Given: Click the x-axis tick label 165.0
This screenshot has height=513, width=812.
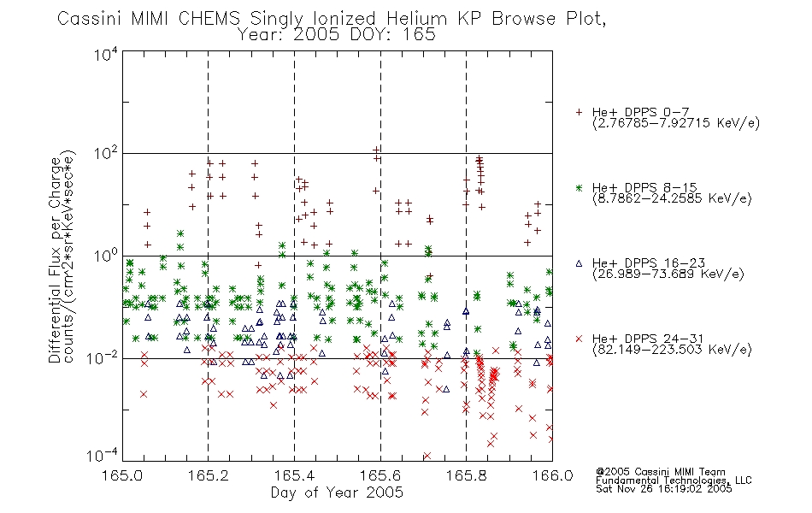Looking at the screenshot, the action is pyautogui.click(x=122, y=475).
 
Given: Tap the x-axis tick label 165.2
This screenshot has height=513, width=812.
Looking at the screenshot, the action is pyautogui.click(x=209, y=475).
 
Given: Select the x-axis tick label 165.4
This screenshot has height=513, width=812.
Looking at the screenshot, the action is pyautogui.click(x=295, y=475).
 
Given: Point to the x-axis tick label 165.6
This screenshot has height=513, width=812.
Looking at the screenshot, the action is pyautogui.click(x=380, y=475).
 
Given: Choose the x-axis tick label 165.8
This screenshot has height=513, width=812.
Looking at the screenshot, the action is pyautogui.click(x=466, y=475).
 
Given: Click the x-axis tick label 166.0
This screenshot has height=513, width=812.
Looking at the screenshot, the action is pyautogui.click(x=552, y=475).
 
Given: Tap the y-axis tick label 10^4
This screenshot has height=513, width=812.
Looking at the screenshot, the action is pyautogui.click(x=106, y=55).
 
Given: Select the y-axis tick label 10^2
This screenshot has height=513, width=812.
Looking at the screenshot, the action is pyautogui.click(x=106, y=154).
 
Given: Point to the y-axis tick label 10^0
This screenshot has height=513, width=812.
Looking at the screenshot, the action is pyautogui.click(x=106, y=256).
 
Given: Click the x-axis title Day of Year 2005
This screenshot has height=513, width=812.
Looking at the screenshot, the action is pyautogui.click(x=337, y=492).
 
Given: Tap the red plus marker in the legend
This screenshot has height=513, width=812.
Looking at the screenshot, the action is pyautogui.click(x=579, y=112).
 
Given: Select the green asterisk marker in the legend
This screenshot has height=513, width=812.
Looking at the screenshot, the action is pyautogui.click(x=579, y=187).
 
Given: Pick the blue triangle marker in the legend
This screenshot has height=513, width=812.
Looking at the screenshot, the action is pyautogui.click(x=579, y=263).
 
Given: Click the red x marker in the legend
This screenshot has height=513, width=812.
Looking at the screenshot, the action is pyautogui.click(x=579, y=339).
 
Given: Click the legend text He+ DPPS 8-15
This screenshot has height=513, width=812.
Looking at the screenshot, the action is pyautogui.click(x=644, y=187).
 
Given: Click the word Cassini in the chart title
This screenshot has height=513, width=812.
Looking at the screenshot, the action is pyautogui.click(x=89, y=19).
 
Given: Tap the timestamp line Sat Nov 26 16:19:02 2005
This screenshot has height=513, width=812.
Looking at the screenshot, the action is pyautogui.click(x=664, y=489).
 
